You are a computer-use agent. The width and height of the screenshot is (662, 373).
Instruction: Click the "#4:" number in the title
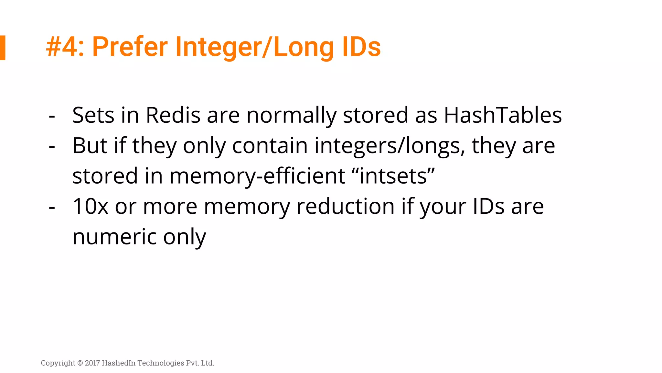coord(65,47)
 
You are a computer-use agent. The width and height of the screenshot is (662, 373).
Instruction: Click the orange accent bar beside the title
coord(3,48)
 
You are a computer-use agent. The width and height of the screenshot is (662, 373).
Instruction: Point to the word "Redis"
coord(173,115)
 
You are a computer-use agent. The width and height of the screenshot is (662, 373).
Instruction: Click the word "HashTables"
coord(503,115)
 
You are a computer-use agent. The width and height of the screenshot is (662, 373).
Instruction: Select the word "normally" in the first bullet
coord(291,116)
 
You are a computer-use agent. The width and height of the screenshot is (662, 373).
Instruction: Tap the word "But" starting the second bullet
coord(90,146)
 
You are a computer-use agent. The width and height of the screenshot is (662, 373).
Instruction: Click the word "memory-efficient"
coord(257,176)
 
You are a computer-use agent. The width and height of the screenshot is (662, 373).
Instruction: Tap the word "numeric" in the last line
coord(114,237)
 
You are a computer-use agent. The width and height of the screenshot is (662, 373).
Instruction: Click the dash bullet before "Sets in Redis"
coord(52,116)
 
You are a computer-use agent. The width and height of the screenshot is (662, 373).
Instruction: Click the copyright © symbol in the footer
coord(80,363)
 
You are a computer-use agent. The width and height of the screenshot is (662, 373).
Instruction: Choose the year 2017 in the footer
coord(92,363)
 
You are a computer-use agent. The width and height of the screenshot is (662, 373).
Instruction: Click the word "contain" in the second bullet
coord(270,146)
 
